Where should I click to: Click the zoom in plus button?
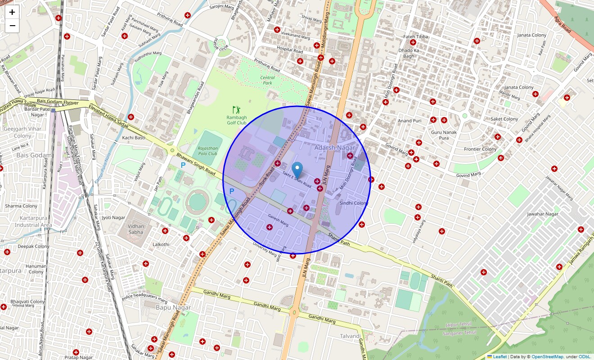(12, 12)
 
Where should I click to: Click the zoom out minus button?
(12, 26)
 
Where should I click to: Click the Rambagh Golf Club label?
(236, 120)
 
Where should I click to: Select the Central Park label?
(267, 80)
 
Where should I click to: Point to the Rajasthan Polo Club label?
(207, 151)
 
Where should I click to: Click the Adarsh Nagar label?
(334, 148)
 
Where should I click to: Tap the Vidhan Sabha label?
(135, 229)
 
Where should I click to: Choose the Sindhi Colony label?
(354, 203)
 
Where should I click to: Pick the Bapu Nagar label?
(173, 307)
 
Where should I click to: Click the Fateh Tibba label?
(415, 36)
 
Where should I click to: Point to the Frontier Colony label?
(480, 149)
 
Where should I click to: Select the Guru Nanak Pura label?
(444, 135)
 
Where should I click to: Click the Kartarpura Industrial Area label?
(33, 221)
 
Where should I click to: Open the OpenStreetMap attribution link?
(547, 357)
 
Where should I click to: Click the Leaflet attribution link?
(499, 357)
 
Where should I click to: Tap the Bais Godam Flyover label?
(58, 103)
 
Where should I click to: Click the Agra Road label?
(562, 24)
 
